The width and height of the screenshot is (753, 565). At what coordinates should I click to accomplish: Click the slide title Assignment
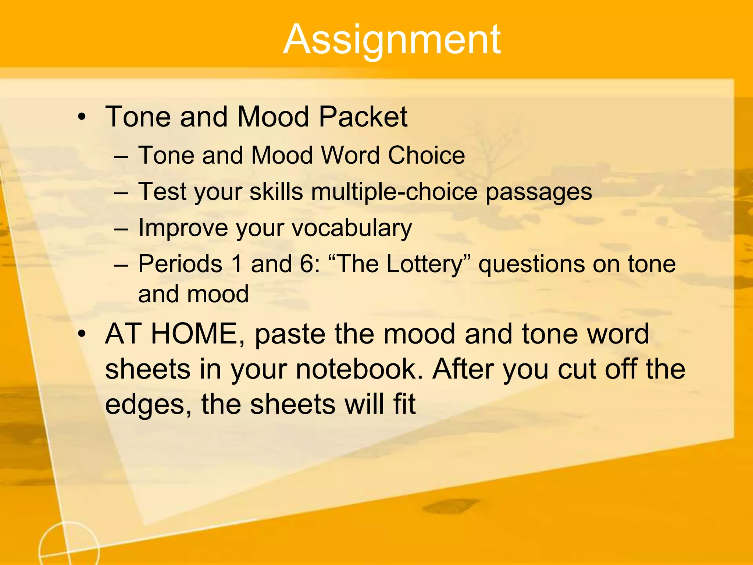coord(392,40)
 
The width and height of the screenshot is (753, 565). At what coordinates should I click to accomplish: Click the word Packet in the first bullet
coord(363,117)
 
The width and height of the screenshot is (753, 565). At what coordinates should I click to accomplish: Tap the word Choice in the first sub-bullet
coord(427,155)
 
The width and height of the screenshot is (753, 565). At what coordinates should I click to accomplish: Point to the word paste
coord(290,334)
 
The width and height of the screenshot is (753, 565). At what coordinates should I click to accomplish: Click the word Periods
coord(180,264)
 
